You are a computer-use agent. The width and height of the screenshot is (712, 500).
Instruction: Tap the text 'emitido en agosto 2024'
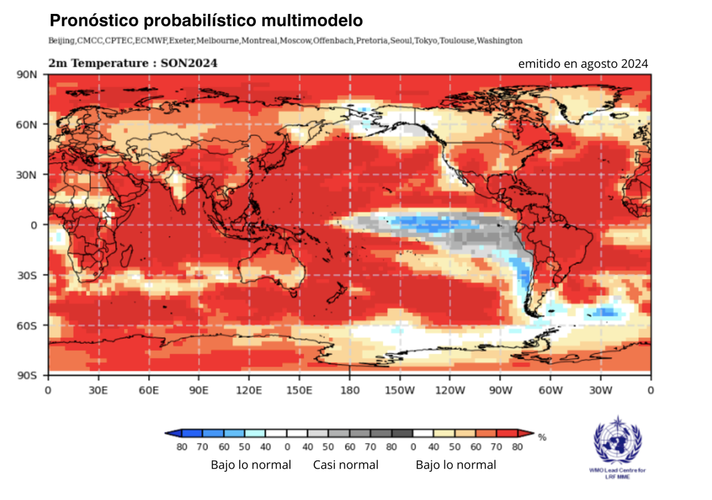pyautogui.click(x=583, y=64)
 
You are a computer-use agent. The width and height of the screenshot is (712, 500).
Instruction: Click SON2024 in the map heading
pyautogui.click(x=188, y=63)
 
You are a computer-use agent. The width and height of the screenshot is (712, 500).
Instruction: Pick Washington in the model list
pyautogui.click(x=499, y=41)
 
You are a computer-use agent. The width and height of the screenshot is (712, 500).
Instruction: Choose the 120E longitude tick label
pyautogui.click(x=249, y=390)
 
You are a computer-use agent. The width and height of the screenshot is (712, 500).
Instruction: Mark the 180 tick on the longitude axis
pyautogui.click(x=350, y=390)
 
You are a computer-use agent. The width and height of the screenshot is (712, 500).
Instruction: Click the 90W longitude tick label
pyautogui.click(x=500, y=390)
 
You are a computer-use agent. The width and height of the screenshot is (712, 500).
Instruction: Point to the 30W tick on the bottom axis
pyautogui.click(x=601, y=390)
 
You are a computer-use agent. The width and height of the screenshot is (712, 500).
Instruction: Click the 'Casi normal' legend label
pyautogui.click(x=346, y=465)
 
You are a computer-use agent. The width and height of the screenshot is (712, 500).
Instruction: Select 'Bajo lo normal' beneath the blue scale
pyautogui.click(x=250, y=465)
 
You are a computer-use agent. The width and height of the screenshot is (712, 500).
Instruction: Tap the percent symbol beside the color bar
pyautogui.click(x=542, y=437)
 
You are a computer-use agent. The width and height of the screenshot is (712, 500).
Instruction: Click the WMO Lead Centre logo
pyautogui.click(x=617, y=444)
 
